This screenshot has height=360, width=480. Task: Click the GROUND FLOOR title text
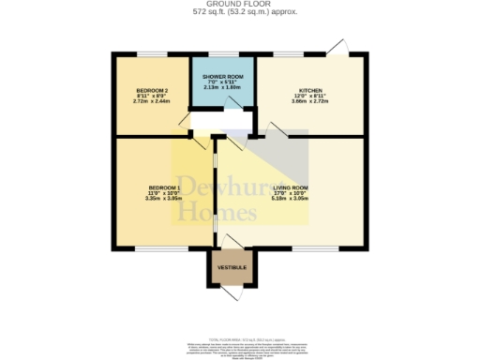[239, 5]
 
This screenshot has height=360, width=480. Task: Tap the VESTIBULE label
[232, 267]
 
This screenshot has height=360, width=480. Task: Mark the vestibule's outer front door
[232, 292]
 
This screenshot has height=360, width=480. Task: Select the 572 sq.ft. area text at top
[239, 13]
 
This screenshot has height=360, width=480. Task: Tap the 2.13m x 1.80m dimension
[223, 87]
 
